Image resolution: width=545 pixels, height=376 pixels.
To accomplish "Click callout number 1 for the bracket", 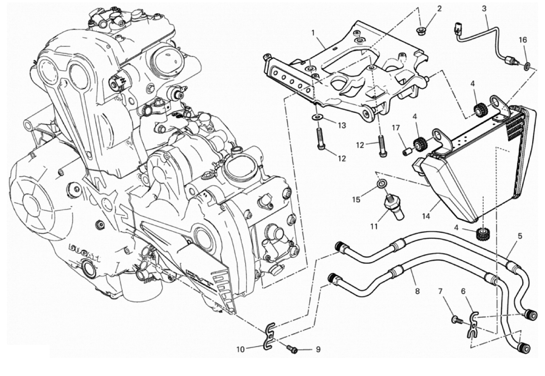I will pos(313,33).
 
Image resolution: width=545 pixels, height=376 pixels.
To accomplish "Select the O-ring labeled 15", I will pos(379,185).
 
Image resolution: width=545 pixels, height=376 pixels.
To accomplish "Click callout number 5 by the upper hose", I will pos(520,237).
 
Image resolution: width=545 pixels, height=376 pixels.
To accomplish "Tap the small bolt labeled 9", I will pos(291,350).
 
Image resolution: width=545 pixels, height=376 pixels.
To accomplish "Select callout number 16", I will pos(523,40).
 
